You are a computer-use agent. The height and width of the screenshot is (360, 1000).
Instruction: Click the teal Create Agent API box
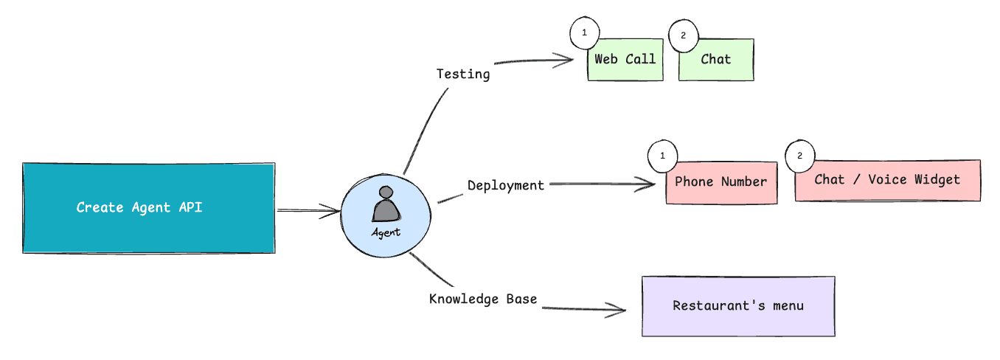click(x=148, y=208)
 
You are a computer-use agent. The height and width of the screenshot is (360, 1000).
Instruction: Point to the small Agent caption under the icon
click(x=386, y=232)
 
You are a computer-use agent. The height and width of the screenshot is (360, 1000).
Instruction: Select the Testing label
click(x=462, y=74)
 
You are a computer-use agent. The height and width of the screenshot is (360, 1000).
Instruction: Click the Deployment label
click(x=506, y=185)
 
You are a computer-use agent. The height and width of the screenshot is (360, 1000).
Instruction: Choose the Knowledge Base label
click(x=483, y=299)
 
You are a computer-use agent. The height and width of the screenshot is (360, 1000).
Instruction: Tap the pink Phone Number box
click(x=721, y=182)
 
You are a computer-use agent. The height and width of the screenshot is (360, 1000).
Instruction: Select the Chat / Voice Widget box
click(x=887, y=180)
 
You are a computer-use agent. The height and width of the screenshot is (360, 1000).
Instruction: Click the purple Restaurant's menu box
click(x=738, y=306)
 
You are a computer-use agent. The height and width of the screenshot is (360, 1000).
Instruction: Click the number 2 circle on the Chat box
click(x=683, y=35)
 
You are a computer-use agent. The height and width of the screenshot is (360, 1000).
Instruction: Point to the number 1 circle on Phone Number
click(x=662, y=156)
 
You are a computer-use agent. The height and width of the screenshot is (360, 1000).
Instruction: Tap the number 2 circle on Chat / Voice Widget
click(x=799, y=156)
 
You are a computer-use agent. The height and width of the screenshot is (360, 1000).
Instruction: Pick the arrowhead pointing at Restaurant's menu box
click(x=619, y=309)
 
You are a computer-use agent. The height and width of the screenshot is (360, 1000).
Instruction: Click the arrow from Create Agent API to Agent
click(x=308, y=212)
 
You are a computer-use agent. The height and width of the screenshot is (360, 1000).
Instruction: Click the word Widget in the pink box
click(x=937, y=179)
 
